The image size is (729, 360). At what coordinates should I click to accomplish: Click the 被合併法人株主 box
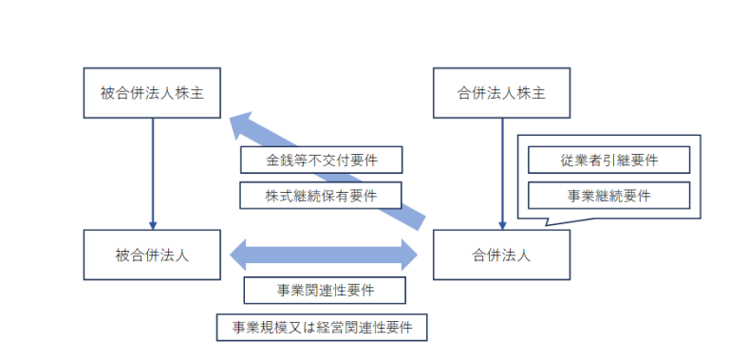click(x=153, y=93)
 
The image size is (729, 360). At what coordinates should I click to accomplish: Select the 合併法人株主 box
click(x=501, y=93)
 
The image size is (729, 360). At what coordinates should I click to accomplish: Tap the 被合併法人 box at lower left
click(x=153, y=255)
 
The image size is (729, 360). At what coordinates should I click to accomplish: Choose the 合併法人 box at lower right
click(x=501, y=255)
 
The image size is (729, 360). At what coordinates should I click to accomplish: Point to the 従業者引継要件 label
click(x=607, y=161)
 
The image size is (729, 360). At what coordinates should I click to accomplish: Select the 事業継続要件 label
click(x=607, y=196)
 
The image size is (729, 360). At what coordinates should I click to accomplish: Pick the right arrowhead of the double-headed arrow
click(x=408, y=255)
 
